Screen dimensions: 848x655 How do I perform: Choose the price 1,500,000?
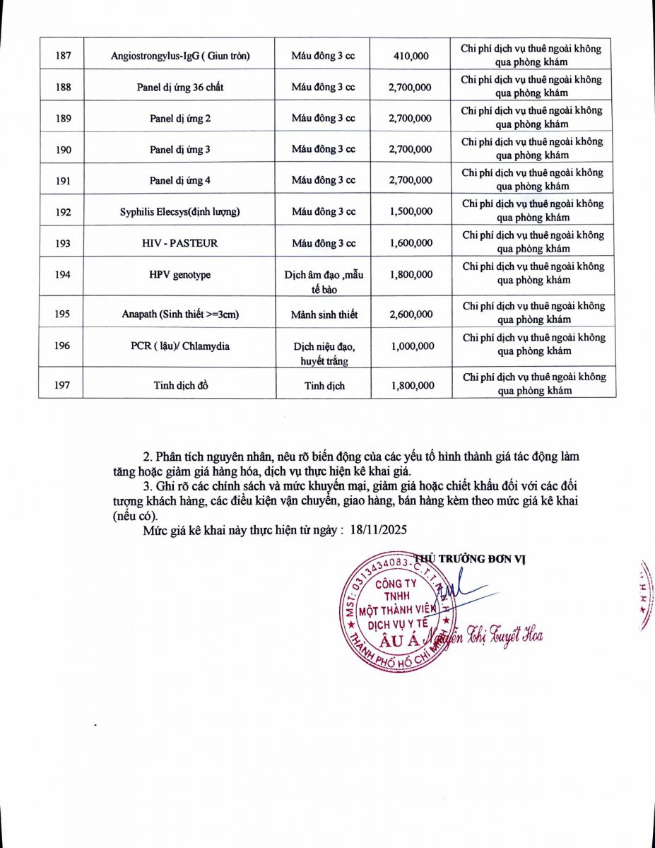coord(411,212)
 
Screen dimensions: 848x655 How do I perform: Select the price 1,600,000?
coord(411,243)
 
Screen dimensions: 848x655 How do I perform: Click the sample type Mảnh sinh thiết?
coord(324,314)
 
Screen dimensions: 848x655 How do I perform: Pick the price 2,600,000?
coord(411,314)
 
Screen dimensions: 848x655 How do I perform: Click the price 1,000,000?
coord(411,346)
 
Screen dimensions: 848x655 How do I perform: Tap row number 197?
coord(63,385)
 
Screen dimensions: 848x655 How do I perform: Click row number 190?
coord(63,150)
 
